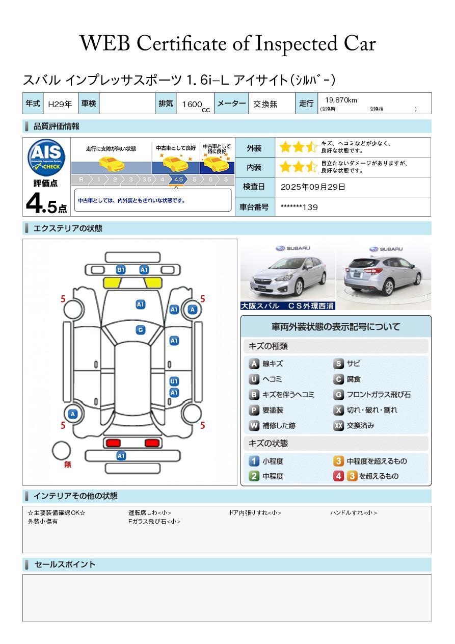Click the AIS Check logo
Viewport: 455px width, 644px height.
pyautogui.click(x=46, y=157)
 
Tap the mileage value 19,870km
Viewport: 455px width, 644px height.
pyautogui.click(x=341, y=100)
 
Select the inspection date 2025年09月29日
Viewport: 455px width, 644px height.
pyautogui.click(x=313, y=187)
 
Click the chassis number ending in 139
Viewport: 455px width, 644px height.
pyautogui.click(x=299, y=207)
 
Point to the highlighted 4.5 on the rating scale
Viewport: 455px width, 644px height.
pyautogui.click(x=178, y=179)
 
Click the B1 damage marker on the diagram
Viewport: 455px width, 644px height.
pyautogui.click(x=121, y=270)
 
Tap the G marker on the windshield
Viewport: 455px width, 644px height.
pyautogui.click(x=141, y=330)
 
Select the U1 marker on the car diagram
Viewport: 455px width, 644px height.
pyautogui.click(x=174, y=381)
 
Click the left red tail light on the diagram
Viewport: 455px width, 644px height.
pyautogui.click(x=113, y=443)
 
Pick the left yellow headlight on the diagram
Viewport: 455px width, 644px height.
pyautogui.click(x=112, y=283)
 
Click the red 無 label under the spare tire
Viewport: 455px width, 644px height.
pyautogui.click(x=67, y=464)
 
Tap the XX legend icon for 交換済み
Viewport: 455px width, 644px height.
pyautogui.click(x=338, y=425)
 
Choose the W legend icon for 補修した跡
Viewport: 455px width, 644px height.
pyautogui.click(x=254, y=425)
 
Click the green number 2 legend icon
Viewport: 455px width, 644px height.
pyautogui.click(x=254, y=476)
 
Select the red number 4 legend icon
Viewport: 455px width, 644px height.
pyautogui.click(x=338, y=476)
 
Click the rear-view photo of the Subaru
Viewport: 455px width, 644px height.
pyautogui.click(x=384, y=274)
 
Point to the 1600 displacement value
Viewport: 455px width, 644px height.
pyautogui.click(x=192, y=104)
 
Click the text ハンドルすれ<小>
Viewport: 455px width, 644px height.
pyautogui.click(x=354, y=512)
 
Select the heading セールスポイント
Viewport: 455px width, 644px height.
pyautogui.click(x=65, y=564)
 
